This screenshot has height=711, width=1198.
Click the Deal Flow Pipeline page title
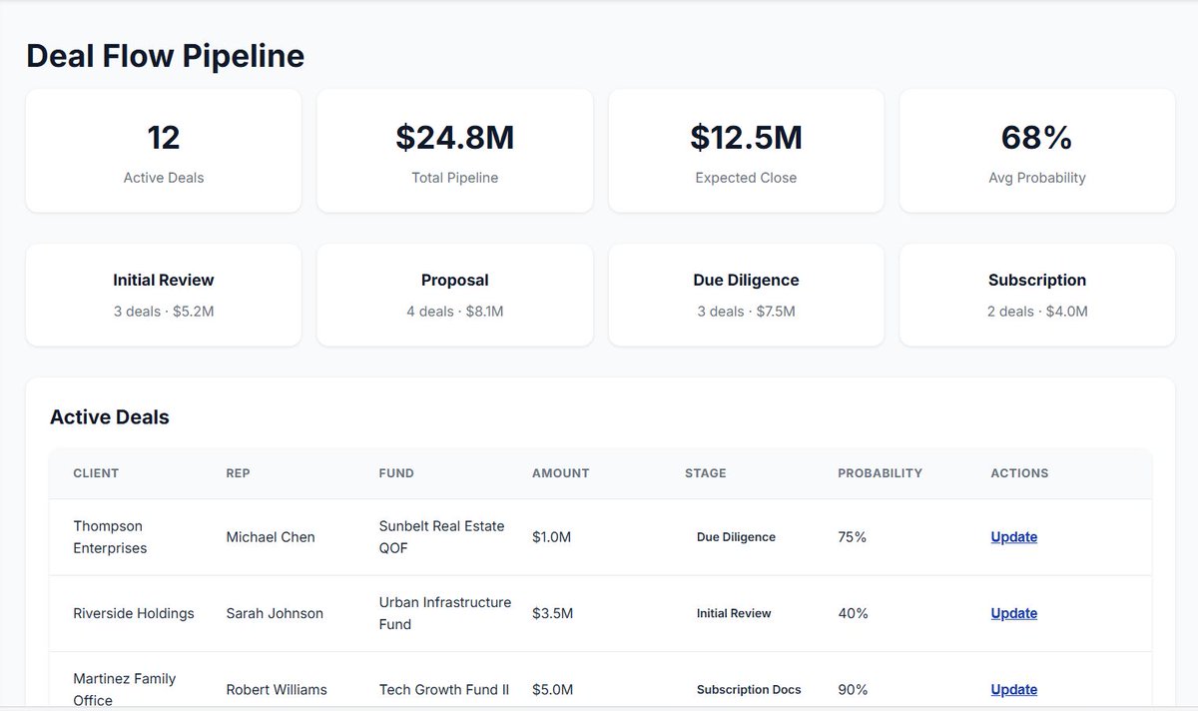click(x=166, y=56)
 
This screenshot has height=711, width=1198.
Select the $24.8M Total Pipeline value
click(x=454, y=138)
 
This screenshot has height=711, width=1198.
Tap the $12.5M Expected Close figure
click(x=746, y=138)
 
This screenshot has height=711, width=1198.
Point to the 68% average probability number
click(x=1036, y=138)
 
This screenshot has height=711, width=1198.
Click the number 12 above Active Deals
click(x=164, y=138)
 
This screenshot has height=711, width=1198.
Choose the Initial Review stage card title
click(x=164, y=280)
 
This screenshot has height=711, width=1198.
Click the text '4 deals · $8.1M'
click(x=454, y=312)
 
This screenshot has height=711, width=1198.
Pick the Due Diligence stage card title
click(x=746, y=280)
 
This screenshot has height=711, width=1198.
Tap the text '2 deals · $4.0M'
click(x=1037, y=312)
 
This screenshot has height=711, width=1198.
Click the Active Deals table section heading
click(x=110, y=417)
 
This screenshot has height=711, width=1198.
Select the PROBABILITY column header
click(x=880, y=473)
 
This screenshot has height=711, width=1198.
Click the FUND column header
click(x=396, y=473)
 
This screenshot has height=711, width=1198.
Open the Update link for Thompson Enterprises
click(x=1014, y=537)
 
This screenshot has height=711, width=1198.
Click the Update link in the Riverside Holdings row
click(x=1014, y=613)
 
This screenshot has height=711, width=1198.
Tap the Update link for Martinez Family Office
click(x=1014, y=690)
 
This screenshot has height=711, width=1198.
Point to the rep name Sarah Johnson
click(x=275, y=613)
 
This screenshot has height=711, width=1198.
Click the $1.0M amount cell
click(x=551, y=537)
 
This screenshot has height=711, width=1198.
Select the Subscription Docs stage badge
click(x=749, y=690)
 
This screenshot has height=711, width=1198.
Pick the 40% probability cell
click(x=853, y=613)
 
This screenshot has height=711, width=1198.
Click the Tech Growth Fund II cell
click(x=444, y=690)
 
